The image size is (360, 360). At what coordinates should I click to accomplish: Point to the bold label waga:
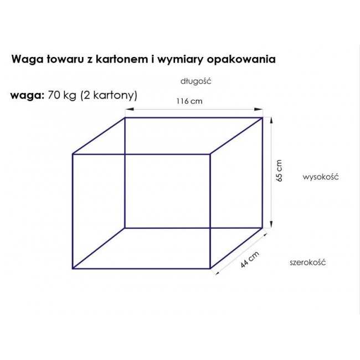[x=27, y=96]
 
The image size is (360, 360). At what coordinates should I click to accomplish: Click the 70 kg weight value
[x=62, y=95]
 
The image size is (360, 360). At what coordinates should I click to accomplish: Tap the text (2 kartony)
[x=109, y=95]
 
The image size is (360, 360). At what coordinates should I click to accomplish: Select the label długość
[x=196, y=81]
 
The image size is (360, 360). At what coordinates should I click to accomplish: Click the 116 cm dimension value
[x=189, y=101]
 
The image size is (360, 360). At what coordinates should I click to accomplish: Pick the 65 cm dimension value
[x=279, y=171]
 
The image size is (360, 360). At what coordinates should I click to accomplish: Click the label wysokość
[x=321, y=177]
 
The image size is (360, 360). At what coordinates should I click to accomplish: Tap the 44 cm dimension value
[x=250, y=259]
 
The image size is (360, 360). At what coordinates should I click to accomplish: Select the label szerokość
[x=307, y=262]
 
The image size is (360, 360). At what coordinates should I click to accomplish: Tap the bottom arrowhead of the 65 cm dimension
[x=271, y=224]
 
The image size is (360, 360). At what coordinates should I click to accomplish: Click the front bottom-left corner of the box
[x=73, y=268]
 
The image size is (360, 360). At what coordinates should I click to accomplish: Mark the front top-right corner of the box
[x=210, y=155]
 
